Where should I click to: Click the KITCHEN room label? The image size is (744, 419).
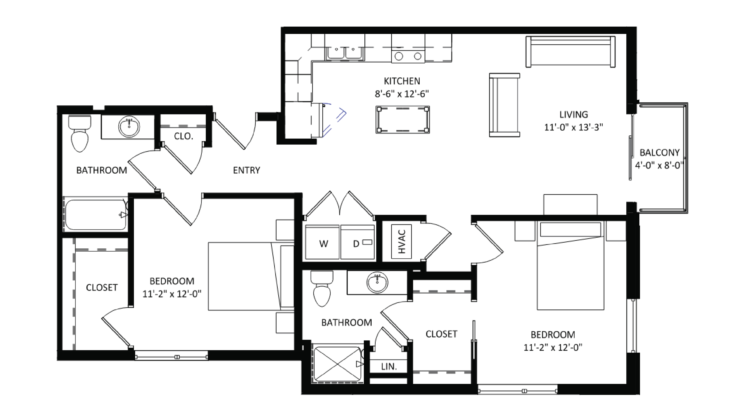pyautogui.click(x=402, y=81)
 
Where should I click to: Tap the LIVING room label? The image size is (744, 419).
pyautogui.click(x=574, y=115)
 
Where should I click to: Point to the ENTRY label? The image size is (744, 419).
pyautogui.click(x=246, y=170)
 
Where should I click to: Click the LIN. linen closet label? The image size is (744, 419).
pyautogui.click(x=389, y=367)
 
